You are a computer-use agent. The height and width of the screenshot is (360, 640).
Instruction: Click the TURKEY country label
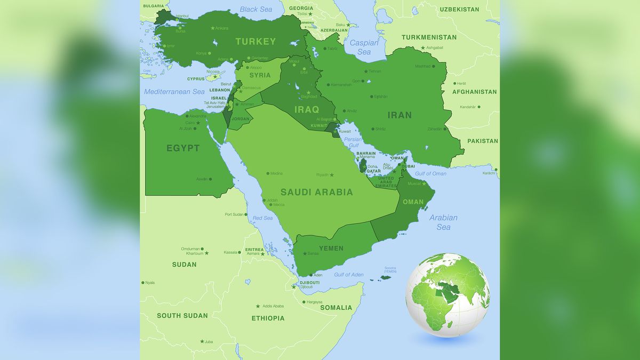[x=255, y=42]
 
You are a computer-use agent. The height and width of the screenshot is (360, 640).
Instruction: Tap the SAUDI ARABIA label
[x=316, y=192]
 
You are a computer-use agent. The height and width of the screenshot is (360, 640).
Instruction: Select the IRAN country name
[x=399, y=115]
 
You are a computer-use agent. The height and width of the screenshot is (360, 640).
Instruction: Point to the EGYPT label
[x=183, y=148]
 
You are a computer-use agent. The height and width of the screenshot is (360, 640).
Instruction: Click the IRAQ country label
[x=307, y=110]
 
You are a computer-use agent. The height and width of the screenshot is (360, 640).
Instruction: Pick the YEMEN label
[x=331, y=248]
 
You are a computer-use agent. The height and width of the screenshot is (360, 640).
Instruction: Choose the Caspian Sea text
[x=364, y=47]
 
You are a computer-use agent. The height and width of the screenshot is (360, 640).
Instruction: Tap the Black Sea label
[x=256, y=9]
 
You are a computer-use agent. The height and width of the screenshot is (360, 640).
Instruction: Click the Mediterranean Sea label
[x=174, y=92]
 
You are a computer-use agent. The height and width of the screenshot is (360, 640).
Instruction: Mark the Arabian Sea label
[x=443, y=222]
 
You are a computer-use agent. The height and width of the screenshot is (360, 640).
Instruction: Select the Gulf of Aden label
[x=349, y=275]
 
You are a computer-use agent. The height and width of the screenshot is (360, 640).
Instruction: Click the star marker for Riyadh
[x=332, y=175]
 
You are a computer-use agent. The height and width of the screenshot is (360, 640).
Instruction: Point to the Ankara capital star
[x=213, y=28]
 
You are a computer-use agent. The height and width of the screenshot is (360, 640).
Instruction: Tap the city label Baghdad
[x=309, y=97]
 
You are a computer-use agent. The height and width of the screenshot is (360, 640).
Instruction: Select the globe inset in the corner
[x=448, y=293]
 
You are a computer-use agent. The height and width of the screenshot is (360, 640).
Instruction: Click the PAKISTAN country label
[x=483, y=141]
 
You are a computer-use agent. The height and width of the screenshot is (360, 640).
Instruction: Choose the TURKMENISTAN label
[x=429, y=37]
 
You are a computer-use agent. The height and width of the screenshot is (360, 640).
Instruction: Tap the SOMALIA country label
[x=336, y=308]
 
